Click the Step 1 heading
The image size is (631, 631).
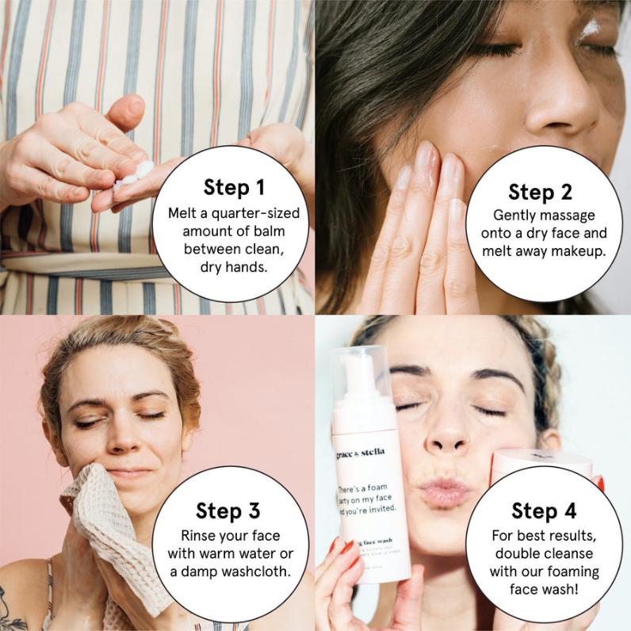[x=234, y=187]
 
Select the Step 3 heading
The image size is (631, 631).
[x=229, y=510]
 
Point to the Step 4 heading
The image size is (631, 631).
[x=544, y=510]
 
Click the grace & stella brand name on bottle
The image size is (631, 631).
[x=361, y=453]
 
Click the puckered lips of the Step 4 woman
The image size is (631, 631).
[x=444, y=491]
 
